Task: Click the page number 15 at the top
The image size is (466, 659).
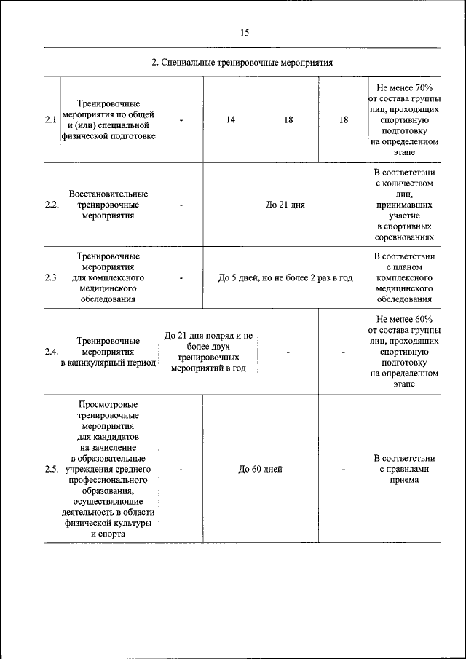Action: (243, 32)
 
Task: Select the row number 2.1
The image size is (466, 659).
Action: (52, 120)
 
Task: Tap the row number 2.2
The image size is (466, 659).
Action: (52, 205)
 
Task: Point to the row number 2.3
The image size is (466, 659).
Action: (52, 277)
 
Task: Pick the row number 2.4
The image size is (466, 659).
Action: (52, 352)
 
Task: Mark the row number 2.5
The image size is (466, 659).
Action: (52, 469)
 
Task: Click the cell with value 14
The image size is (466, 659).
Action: (230, 120)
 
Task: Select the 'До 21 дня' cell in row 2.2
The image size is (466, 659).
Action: (285, 205)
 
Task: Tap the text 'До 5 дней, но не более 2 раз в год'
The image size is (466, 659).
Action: (285, 277)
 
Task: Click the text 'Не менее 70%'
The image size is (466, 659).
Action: (404, 87)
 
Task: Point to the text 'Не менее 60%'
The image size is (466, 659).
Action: (404, 319)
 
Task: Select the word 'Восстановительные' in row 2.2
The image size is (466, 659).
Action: (108, 194)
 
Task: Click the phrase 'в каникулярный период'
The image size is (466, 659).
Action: (108, 363)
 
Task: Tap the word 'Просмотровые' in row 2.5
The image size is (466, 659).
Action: (108, 404)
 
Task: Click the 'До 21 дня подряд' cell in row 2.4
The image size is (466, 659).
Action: (208, 352)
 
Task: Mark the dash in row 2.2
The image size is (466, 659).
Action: (181, 205)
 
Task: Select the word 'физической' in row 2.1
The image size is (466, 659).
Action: (108, 136)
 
